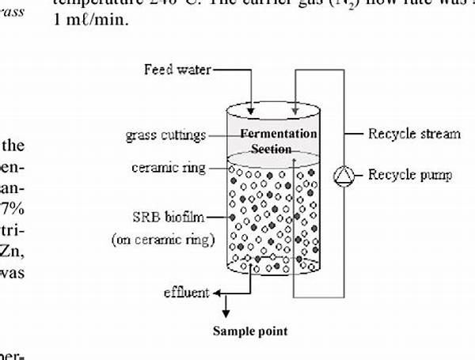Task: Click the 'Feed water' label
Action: pyautogui.click(x=177, y=70)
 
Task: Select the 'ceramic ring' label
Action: pyautogui.click(x=169, y=168)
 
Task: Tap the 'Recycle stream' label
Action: pyautogui.click(x=414, y=134)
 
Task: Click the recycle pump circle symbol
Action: pyautogui.click(x=344, y=174)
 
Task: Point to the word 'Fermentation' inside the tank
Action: pyautogui.click(x=279, y=134)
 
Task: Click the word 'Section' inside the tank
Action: pyautogui.click(x=271, y=149)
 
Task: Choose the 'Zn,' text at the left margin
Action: pyautogui.click(x=13, y=252)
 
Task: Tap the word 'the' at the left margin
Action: pyautogui.click(x=16, y=146)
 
